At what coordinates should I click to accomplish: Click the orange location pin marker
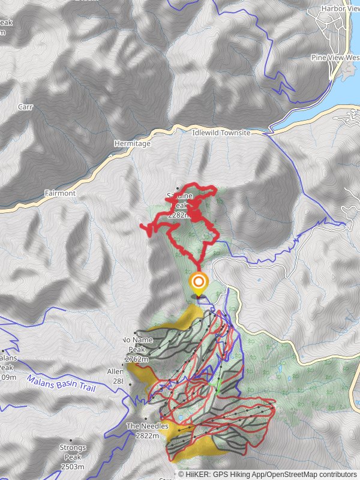point(199,282)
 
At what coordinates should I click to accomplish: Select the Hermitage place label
point(132,144)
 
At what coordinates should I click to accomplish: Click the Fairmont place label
point(60,194)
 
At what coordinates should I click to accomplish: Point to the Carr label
point(25,107)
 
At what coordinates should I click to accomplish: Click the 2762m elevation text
point(136,359)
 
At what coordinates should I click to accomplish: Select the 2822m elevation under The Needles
point(147,436)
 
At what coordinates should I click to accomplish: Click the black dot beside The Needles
point(146,419)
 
